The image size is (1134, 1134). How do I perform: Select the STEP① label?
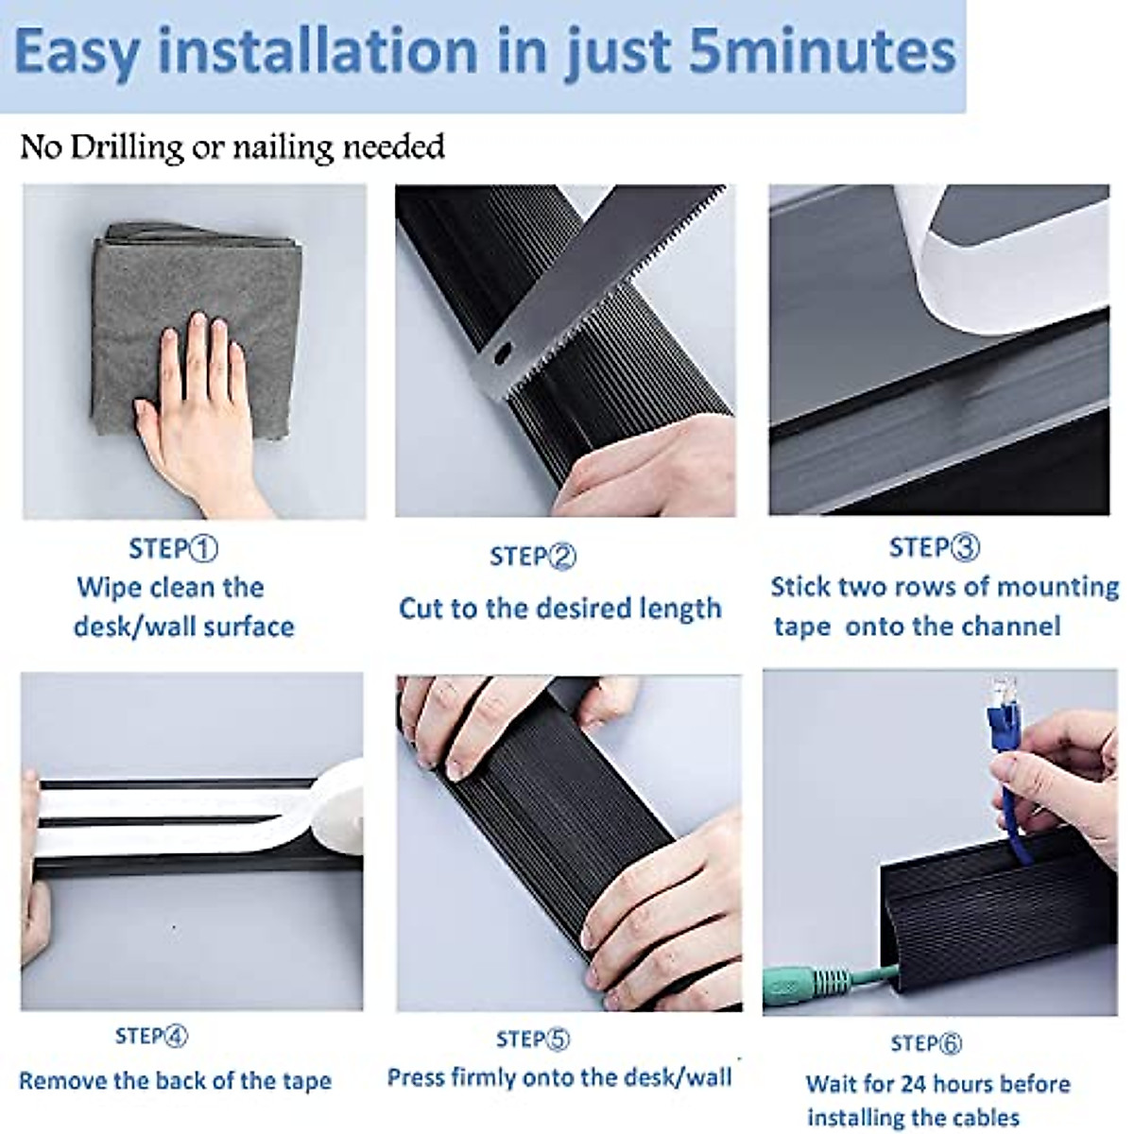pos(174,549)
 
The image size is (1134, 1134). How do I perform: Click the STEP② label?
pos(533,557)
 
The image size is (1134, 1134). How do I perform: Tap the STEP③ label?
pos(934,547)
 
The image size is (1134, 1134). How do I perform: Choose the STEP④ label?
pos(151,1037)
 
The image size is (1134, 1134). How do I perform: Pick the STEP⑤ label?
pos(533,1040)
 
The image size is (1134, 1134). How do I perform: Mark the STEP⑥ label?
pos(926,1043)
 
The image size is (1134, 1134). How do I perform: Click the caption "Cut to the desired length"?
pos(559,608)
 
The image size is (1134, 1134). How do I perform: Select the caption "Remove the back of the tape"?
pos(175,1081)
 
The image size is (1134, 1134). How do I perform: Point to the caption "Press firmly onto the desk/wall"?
pos(559,1077)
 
